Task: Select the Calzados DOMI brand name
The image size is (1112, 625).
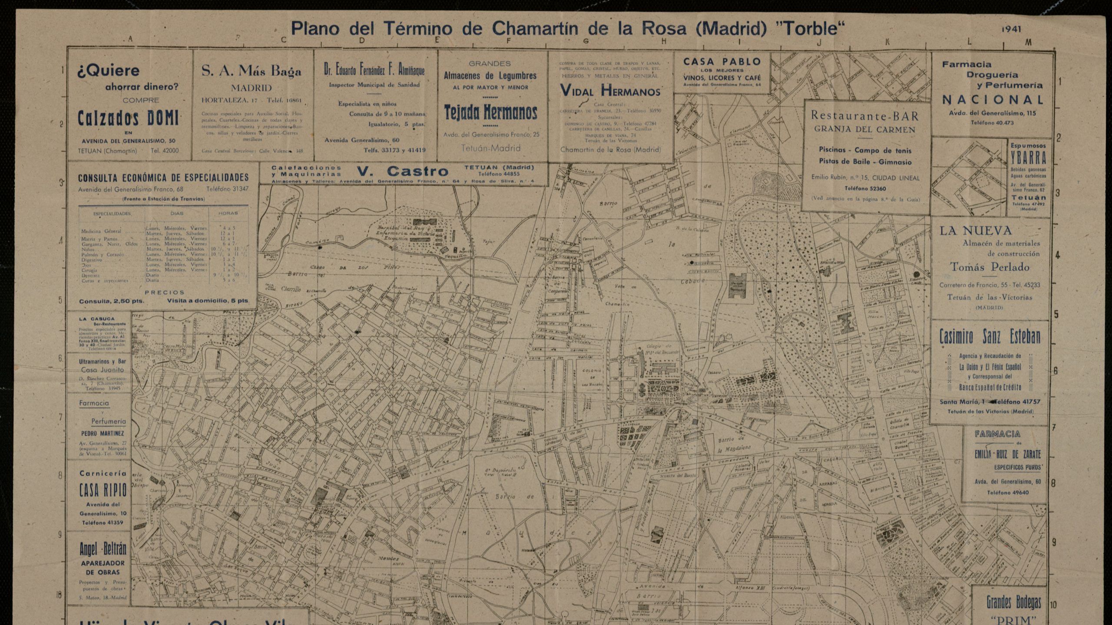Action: (x=128, y=118)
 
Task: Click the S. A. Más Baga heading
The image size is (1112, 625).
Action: (x=251, y=71)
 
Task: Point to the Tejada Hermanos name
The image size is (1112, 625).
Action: (x=490, y=112)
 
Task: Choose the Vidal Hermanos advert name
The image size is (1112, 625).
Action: (x=610, y=91)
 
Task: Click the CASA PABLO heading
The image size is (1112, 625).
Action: (x=722, y=62)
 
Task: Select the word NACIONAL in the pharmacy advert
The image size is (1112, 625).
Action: (x=993, y=100)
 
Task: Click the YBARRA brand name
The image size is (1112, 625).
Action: (x=1028, y=158)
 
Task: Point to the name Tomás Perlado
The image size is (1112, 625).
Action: (x=990, y=267)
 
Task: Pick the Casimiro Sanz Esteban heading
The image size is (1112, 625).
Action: (x=990, y=337)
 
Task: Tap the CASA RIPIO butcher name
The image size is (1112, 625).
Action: (x=103, y=490)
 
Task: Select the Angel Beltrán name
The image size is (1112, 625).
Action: (x=103, y=549)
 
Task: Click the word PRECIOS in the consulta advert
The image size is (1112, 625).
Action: (x=164, y=293)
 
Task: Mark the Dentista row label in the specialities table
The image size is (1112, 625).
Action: (x=91, y=275)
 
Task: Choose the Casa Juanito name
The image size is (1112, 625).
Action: (x=102, y=370)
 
